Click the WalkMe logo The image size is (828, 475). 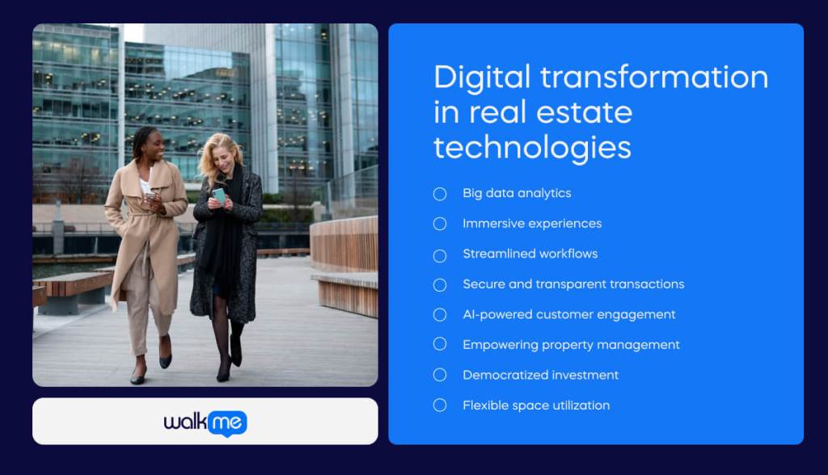pyautogui.click(x=205, y=422)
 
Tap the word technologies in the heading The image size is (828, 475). pyautogui.click(x=532, y=148)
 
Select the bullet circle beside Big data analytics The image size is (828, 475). pyautogui.click(x=440, y=194)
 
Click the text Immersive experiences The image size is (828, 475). pyautogui.click(x=532, y=224)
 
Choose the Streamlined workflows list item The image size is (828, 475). pyautogui.click(x=530, y=254)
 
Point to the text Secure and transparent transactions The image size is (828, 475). pyautogui.click(x=573, y=284)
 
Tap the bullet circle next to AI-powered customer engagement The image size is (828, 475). pyautogui.click(x=440, y=314)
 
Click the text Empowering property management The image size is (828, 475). pyautogui.click(x=571, y=345)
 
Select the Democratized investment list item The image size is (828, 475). pyautogui.click(x=540, y=375)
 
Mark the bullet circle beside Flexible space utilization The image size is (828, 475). pyautogui.click(x=440, y=406)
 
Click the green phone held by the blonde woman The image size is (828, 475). pyautogui.click(x=219, y=195)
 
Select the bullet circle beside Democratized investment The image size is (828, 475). pyautogui.click(x=440, y=375)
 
